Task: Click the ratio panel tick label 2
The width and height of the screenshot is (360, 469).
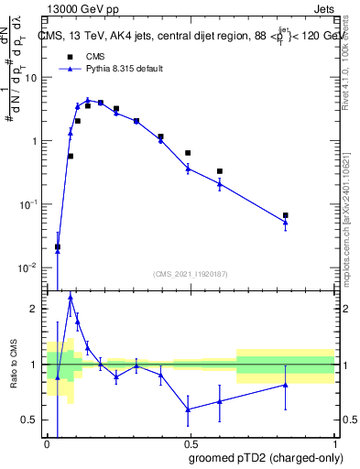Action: (x=37, y=309)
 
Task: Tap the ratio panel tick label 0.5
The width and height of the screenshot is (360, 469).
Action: (x=32, y=420)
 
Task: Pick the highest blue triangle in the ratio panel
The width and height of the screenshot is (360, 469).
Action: (x=71, y=297)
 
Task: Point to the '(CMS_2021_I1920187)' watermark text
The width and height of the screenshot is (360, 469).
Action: (x=190, y=272)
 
